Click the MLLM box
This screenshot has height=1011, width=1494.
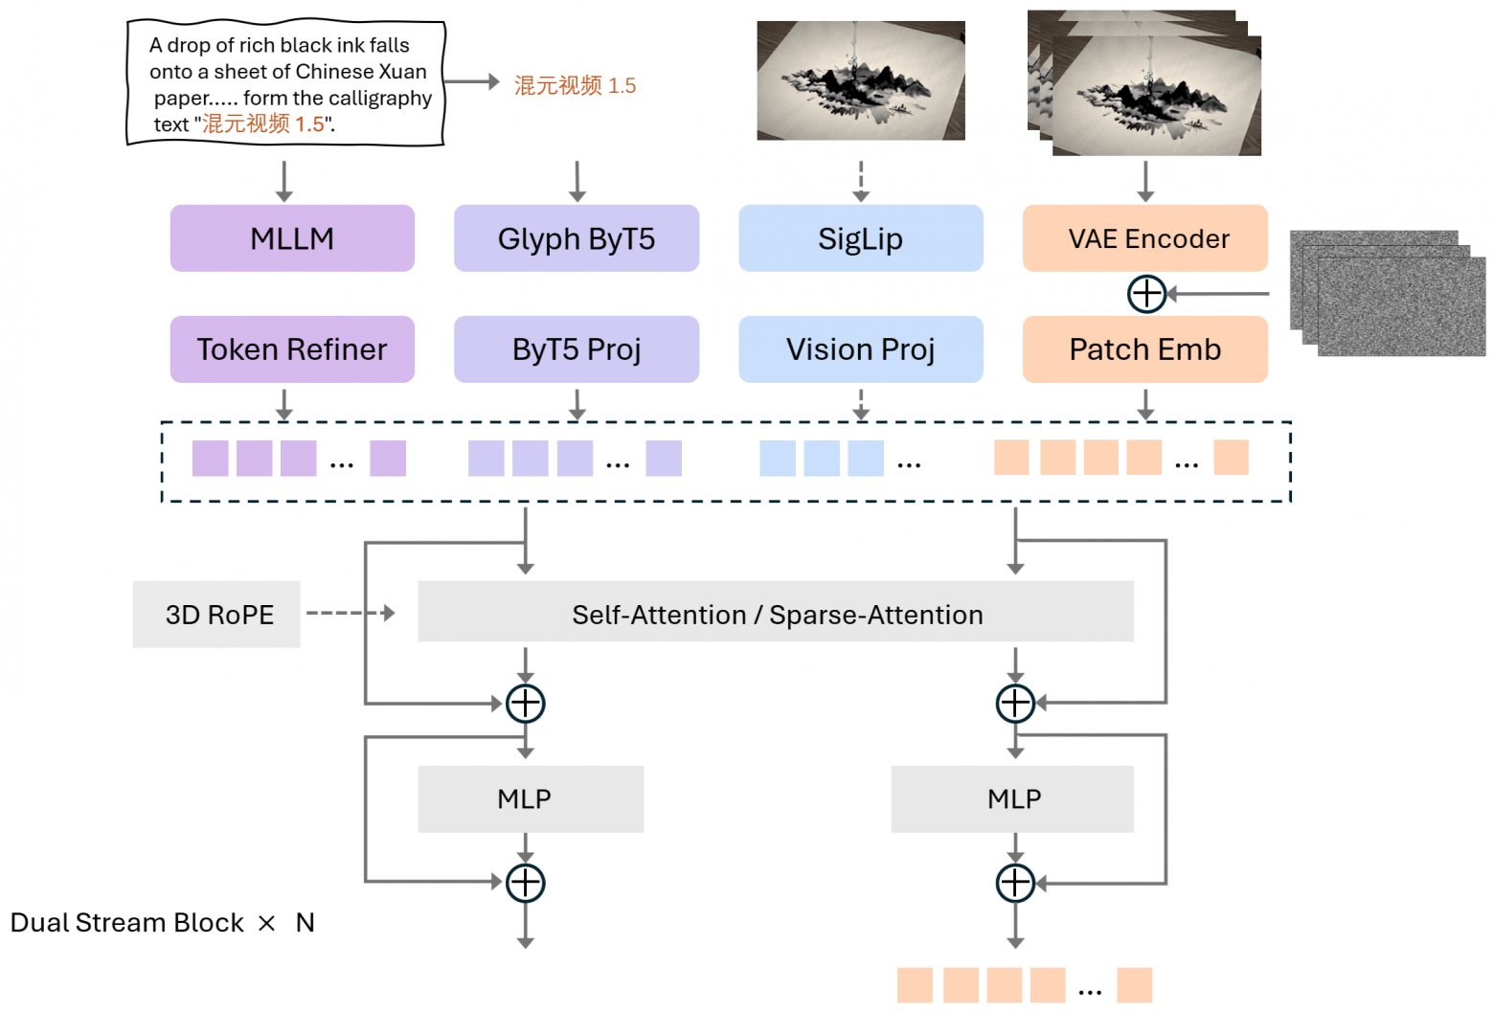tap(292, 238)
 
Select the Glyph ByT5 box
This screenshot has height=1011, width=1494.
tap(576, 238)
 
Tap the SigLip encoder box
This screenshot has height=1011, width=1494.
tap(860, 238)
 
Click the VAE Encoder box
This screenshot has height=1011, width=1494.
tap(1144, 238)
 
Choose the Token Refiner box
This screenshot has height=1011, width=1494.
tap(292, 349)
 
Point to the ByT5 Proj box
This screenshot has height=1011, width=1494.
tap(576, 349)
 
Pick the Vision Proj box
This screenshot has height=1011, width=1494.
tap(860, 349)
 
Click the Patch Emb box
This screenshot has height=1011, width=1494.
tap(1144, 349)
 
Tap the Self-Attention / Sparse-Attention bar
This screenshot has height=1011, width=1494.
tap(776, 614)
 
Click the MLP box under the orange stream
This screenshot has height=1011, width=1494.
tap(1012, 798)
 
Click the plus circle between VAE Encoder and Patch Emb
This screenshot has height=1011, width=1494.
tap(1146, 294)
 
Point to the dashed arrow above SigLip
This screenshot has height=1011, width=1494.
tap(861, 181)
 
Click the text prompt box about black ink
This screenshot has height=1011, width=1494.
tap(285, 84)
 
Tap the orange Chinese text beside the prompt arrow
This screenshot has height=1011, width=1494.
tap(575, 85)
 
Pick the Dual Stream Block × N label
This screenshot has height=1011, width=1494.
tap(162, 923)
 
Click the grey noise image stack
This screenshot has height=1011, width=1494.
tap(1388, 293)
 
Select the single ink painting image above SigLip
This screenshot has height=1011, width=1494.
tap(860, 80)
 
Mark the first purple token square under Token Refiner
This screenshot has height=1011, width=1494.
tap(210, 459)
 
